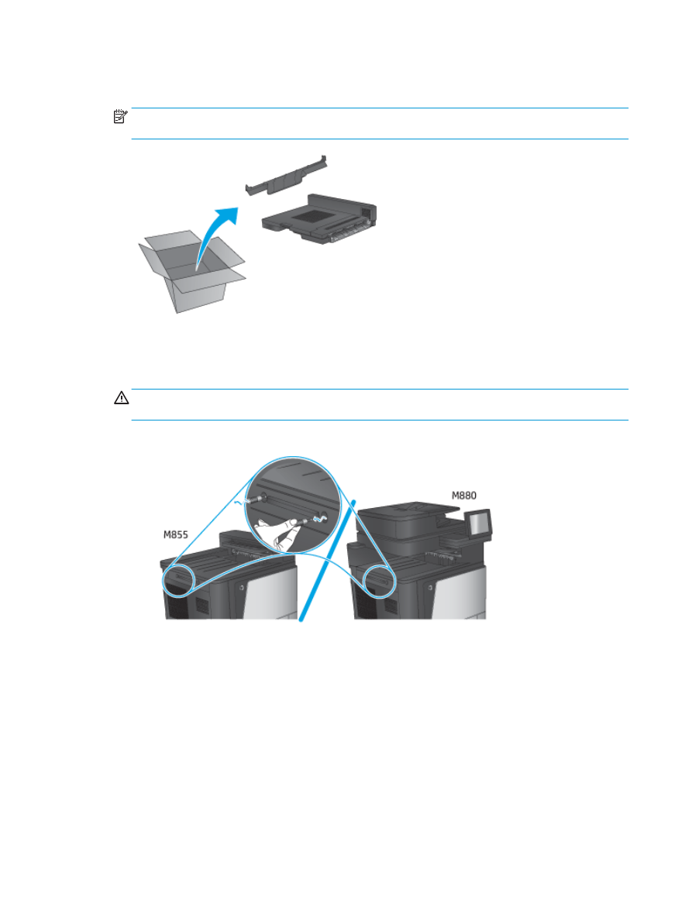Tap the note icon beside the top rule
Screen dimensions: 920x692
(119, 117)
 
